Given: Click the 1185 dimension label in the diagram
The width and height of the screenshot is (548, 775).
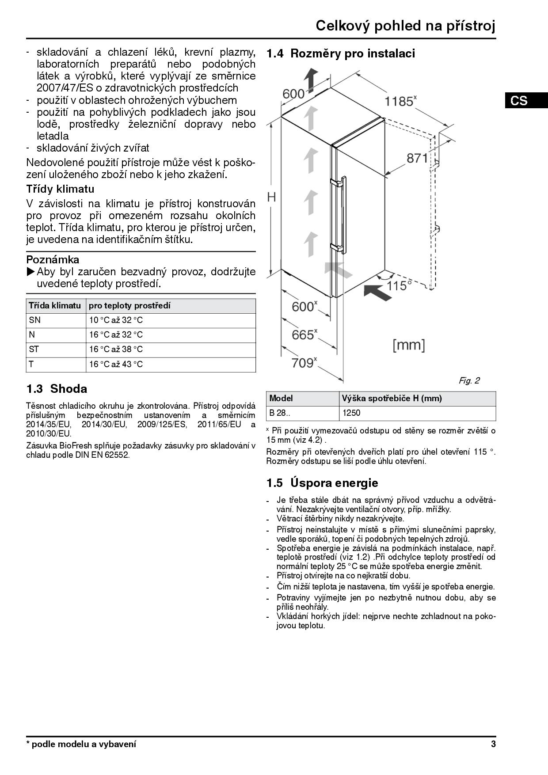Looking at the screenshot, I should [x=400, y=101].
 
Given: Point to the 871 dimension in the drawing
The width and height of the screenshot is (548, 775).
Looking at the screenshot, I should [x=417, y=158].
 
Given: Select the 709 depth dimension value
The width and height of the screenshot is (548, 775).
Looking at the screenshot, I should [x=303, y=363].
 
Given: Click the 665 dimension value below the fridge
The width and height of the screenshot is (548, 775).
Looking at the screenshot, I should [x=303, y=334].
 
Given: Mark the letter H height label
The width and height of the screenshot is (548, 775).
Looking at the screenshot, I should [x=272, y=197].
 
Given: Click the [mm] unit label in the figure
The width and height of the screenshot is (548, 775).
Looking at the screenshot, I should [x=409, y=345].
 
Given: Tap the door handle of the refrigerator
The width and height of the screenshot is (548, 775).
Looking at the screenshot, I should [x=342, y=214].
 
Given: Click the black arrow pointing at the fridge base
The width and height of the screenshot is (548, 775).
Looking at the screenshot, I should [x=378, y=292].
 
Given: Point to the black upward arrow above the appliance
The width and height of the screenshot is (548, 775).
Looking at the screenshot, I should [x=312, y=80].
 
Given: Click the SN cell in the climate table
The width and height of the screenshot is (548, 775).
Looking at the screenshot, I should [x=35, y=320].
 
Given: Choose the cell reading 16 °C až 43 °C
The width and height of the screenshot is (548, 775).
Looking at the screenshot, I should [x=116, y=364].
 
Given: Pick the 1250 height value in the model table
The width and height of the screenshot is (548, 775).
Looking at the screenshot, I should [x=351, y=413].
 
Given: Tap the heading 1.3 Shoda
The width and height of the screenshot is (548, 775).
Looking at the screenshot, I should [x=57, y=389].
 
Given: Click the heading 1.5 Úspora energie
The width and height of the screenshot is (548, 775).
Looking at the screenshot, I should [x=322, y=482].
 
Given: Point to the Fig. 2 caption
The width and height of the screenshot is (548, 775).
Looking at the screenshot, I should [x=469, y=380].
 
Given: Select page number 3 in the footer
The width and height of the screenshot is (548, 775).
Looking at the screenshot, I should [x=493, y=744].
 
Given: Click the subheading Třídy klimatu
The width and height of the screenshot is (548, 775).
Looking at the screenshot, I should [x=60, y=189].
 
